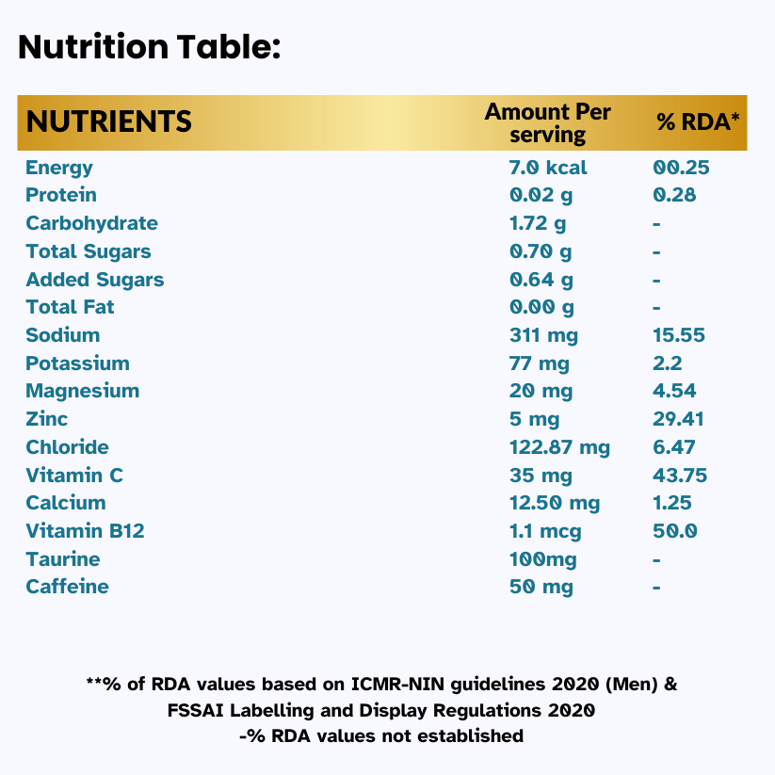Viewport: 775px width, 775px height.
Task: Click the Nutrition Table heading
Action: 149,47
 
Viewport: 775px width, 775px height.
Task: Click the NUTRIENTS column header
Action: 108,121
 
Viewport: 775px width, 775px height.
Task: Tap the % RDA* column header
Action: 698,122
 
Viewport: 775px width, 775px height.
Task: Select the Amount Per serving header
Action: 547,123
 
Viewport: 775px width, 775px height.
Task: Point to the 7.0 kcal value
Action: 547,168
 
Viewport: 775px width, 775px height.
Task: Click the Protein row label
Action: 61,195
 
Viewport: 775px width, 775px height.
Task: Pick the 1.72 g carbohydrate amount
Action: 538,223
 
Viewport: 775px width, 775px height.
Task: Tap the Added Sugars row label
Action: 94,280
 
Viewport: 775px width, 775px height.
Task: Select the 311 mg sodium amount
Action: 543,335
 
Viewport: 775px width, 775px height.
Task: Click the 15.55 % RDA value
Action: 679,335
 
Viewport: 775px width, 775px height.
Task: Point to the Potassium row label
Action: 77,363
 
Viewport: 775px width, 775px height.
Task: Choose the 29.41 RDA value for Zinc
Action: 678,419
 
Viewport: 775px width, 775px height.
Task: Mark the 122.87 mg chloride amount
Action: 559,447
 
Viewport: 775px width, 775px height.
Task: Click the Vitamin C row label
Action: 74,476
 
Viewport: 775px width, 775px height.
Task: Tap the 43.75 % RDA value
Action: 680,476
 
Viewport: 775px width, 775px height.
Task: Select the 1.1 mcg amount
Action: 545,531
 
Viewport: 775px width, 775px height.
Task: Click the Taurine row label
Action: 62,559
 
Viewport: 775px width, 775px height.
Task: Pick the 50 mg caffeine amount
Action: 541,587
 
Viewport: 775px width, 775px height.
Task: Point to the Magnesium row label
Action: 82,391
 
